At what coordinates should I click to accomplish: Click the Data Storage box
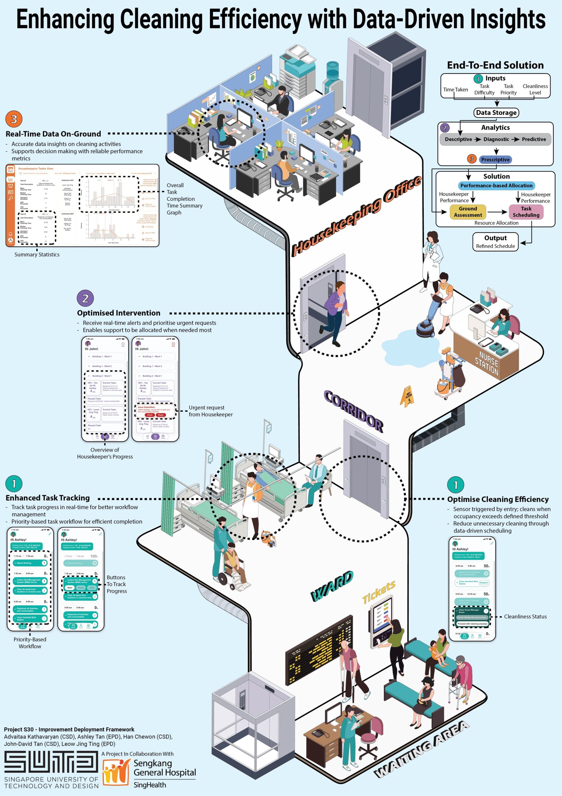(496, 113)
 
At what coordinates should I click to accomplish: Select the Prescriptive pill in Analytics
(495, 160)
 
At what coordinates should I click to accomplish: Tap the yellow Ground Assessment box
(468, 212)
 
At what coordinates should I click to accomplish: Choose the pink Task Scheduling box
(526, 212)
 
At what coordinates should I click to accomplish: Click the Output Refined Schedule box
(495, 242)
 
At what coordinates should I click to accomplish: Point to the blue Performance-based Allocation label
(496, 186)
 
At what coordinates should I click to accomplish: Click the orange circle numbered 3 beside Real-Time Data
(14, 119)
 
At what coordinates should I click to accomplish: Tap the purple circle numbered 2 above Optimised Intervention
(85, 298)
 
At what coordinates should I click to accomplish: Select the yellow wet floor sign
(407, 396)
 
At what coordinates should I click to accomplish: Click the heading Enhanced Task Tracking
(48, 498)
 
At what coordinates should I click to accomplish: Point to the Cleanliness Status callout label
(525, 616)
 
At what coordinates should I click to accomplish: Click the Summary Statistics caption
(37, 254)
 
